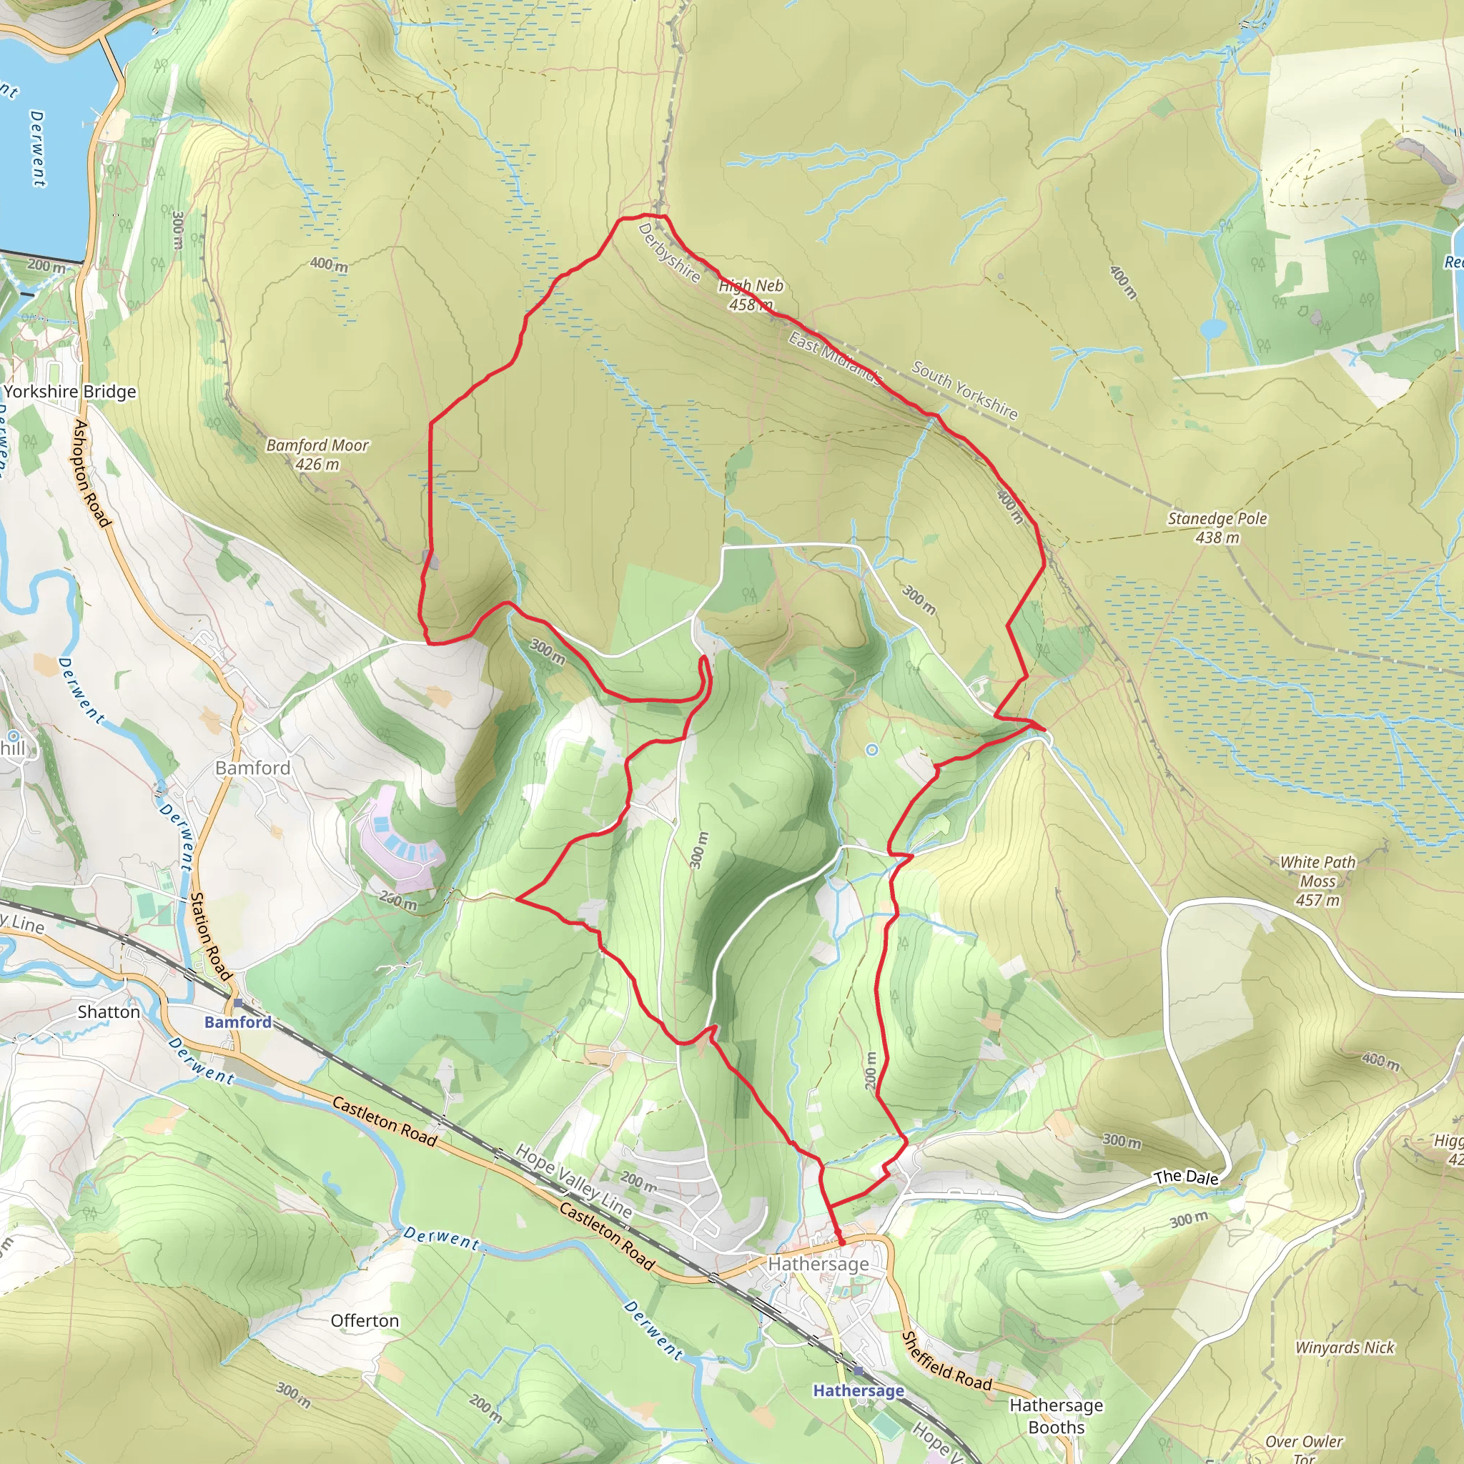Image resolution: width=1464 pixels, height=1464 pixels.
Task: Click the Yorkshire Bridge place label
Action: click(x=71, y=392)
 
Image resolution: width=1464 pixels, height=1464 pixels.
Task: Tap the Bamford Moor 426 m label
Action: click(x=317, y=455)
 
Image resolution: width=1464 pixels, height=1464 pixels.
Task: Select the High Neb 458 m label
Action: click(x=750, y=295)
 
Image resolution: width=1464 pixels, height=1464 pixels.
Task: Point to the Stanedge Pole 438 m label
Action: click(x=1217, y=528)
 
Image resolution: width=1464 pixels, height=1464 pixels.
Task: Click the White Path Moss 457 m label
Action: click(x=1317, y=881)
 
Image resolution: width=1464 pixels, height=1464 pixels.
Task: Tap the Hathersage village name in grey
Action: click(x=818, y=1263)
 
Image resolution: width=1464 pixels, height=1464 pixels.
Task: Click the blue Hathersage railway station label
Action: click(x=859, y=1390)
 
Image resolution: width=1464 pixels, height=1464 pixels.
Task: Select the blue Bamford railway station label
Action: click(x=238, y=1022)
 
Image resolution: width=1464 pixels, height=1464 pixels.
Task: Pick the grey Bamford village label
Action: click(x=253, y=768)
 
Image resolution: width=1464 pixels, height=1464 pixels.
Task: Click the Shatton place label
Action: click(x=109, y=1012)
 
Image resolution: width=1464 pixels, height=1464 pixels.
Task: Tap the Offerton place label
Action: click(x=365, y=1321)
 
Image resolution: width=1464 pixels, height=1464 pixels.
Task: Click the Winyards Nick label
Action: click(x=1345, y=1347)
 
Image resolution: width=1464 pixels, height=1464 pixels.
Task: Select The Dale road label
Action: click(x=1186, y=1177)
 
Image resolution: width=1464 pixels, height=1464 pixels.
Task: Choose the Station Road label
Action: click(x=210, y=936)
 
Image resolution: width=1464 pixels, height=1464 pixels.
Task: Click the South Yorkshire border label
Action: click(x=964, y=390)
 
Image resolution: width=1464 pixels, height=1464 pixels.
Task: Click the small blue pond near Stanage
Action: click(x=1213, y=328)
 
